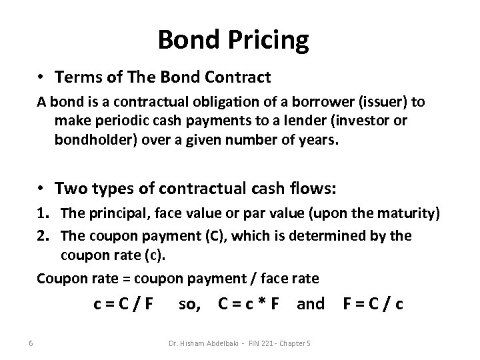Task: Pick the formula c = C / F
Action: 123,305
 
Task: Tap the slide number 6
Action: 31,343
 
